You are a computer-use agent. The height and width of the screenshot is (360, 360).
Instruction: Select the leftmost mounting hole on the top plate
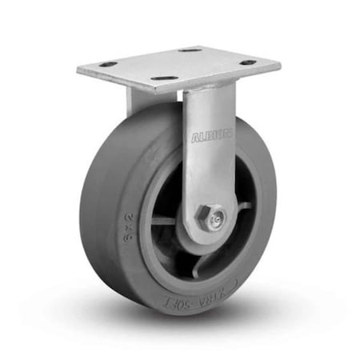point(108,64)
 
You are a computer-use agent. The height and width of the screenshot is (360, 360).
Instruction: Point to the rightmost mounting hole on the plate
point(248,62)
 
